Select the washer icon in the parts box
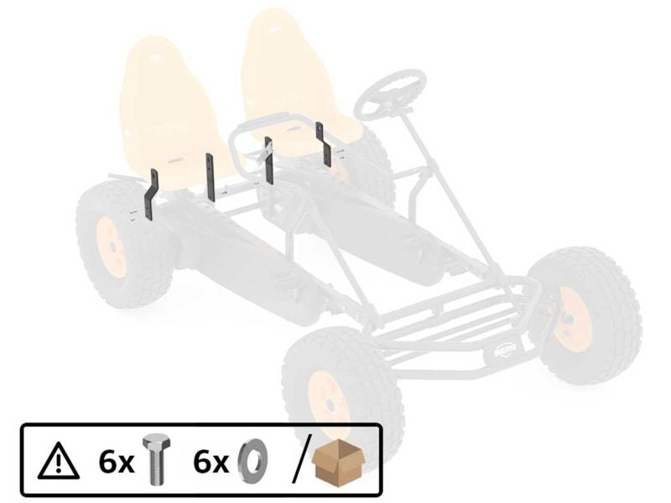tap(250, 462)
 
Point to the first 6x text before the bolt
tap(113, 462)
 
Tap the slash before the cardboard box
tap(299, 461)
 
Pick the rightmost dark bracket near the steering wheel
tap(321, 144)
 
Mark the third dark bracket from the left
tap(268, 160)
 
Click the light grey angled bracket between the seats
tap(263, 152)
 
